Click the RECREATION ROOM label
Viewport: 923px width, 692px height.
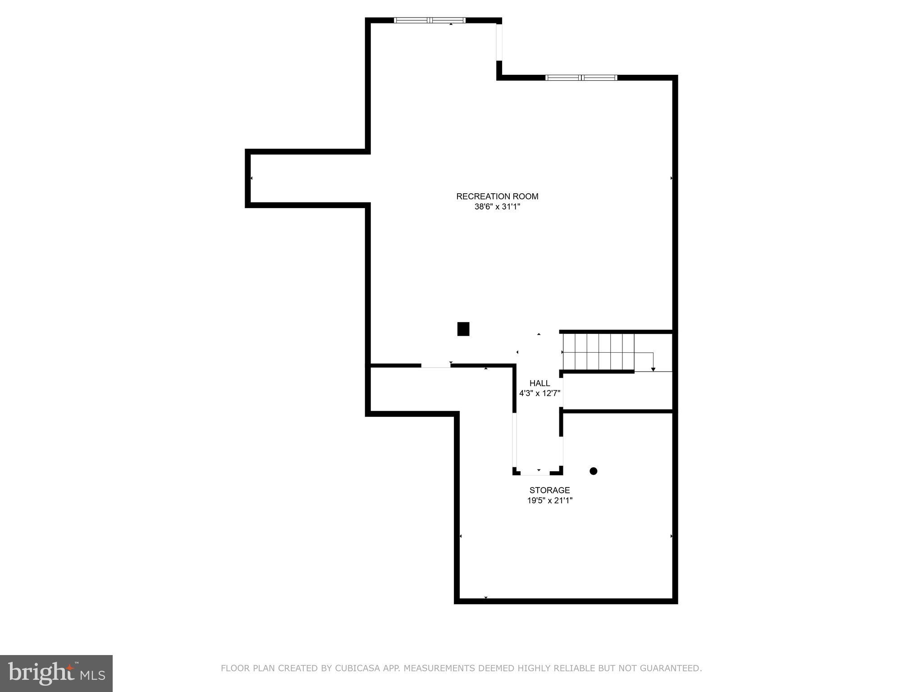tap(497, 196)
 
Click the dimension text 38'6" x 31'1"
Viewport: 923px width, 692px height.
tap(497, 207)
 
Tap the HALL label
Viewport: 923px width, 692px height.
tap(539, 383)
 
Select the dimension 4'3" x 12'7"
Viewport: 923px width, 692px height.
tap(539, 393)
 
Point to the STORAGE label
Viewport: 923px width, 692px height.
tap(549, 490)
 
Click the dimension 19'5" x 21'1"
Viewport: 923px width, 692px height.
tap(549, 501)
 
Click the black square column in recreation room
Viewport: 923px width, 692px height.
tap(463, 329)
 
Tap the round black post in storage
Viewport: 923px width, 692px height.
tap(594, 471)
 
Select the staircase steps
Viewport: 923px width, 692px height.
tap(599, 351)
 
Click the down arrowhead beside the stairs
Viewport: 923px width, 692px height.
tap(653, 369)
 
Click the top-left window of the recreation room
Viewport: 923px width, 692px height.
tap(430, 20)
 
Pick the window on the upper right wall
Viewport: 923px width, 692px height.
tap(581, 77)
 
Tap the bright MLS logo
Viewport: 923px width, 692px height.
tap(56, 674)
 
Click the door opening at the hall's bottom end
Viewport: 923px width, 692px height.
tap(535, 473)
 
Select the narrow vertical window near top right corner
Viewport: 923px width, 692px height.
tap(499, 42)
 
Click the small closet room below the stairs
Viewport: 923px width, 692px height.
tap(617, 392)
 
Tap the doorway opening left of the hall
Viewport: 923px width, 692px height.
tap(436, 366)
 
